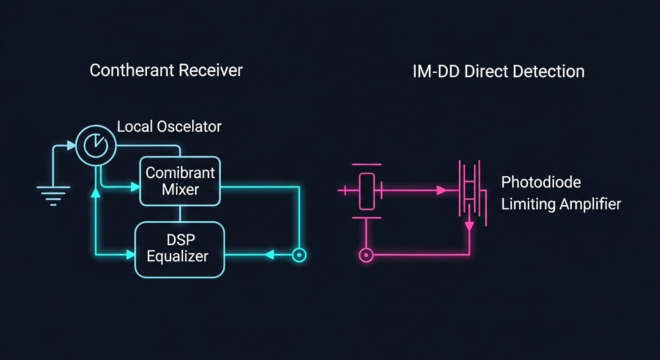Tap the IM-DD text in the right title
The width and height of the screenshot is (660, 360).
pos(435,72)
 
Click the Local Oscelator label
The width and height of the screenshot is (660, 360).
pos(169,127)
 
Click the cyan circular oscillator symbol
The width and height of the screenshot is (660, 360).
pos(96,146)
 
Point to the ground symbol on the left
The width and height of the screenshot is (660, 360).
pos(53,195)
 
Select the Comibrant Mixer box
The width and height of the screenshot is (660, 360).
pos(180,181)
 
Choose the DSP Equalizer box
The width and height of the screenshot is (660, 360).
pos(180,249)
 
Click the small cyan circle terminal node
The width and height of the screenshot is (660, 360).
pos(299,255)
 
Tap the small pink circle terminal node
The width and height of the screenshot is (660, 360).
pos(366,255)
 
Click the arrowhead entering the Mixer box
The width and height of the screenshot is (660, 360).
pos(135,187)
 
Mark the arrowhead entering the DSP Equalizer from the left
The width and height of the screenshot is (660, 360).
pos(131,255)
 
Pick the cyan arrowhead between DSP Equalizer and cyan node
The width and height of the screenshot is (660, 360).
pos(269,255)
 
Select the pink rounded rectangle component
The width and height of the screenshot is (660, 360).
pos(367,191)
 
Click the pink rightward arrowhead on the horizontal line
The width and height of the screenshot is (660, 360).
pos(441,190)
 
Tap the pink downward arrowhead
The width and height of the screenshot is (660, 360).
pos(469,226)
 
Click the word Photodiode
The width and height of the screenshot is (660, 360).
pos(541,182)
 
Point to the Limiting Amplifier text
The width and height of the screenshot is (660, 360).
pos(561,204)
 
